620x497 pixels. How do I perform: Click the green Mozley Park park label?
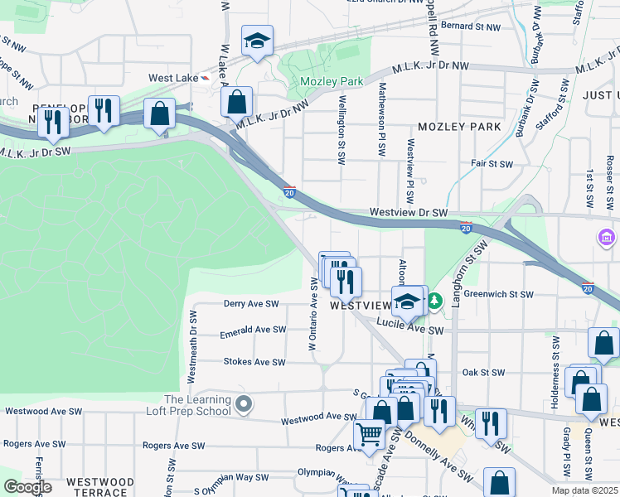click(x=332, y=82)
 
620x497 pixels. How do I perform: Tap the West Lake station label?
click(x=172, y=78)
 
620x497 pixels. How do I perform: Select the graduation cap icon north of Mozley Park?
click(x=257, y=41)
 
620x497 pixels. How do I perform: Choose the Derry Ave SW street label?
click(x=250, y=304)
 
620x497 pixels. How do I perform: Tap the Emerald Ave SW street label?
click(x=252, y=331)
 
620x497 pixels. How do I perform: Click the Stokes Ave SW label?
click(x=254, y=362)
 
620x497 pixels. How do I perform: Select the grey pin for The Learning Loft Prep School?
click(x=243, y=404)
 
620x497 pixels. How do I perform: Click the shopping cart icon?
click(x=369, y=432)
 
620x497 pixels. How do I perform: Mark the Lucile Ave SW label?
click(x=409, y=330)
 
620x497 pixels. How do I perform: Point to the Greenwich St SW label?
click(x=497, y=294)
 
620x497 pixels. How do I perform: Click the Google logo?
click(x=27, y=487)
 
